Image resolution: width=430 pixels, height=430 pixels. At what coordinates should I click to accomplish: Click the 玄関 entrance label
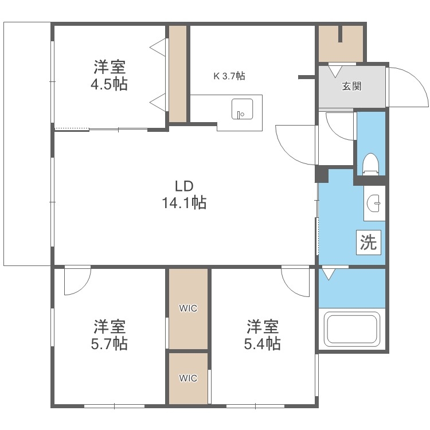point(351,87)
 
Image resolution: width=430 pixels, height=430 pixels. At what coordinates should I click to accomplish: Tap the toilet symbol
point(370,164)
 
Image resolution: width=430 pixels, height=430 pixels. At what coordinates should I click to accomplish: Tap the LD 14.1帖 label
point(183,194)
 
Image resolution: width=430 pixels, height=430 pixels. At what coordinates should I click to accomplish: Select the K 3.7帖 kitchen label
point(230,76)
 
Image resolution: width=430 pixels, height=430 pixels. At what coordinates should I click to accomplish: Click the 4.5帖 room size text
point(111,84)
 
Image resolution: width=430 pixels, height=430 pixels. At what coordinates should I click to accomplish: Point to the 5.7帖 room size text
point(111,343)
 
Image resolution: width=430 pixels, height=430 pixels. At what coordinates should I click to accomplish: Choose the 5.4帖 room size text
point(264,343)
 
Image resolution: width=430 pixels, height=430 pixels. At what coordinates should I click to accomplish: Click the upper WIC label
point(187,308)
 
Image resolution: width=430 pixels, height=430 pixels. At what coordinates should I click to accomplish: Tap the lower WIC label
point(187,378)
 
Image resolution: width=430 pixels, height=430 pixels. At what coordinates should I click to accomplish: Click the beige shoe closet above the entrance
point(341,43)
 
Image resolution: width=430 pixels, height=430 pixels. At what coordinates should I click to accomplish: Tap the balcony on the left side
point(28,143)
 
